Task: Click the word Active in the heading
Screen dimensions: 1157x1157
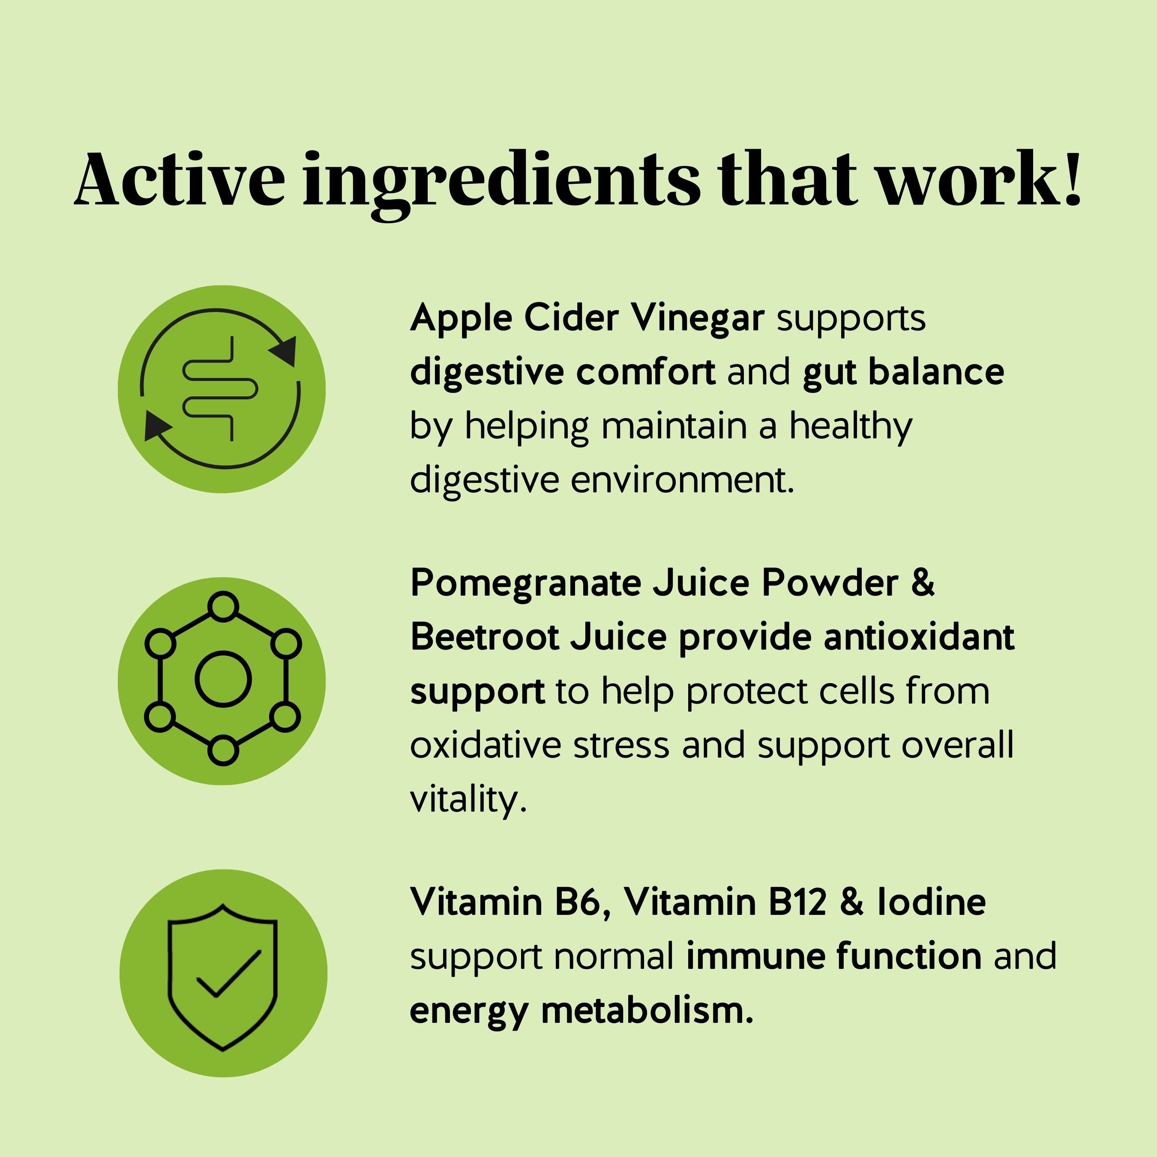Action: click(x=180, y=179)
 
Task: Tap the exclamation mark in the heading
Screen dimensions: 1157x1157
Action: click(x=1072, y=178)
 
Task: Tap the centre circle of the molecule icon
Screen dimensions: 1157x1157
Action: click(x=223, y=679)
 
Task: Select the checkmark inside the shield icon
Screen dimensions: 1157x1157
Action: click(x=229, y=974)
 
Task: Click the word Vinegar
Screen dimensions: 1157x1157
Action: click(x=698, y=318)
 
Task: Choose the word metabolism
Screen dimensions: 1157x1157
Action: click(x=647, y=1010)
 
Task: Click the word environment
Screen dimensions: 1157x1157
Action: click(x=683, y=480)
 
